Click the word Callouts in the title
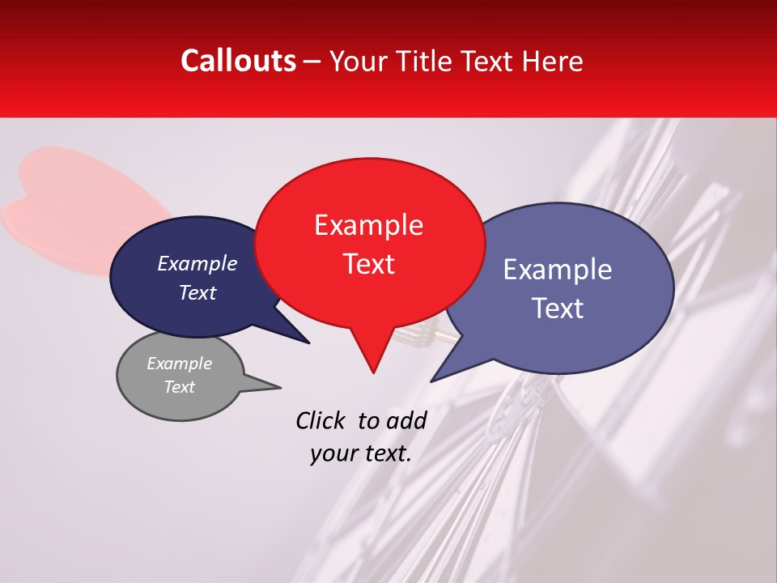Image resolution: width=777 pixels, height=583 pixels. click(x=238, y=61)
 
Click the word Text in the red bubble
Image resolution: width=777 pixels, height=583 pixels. click(x=368, y=264)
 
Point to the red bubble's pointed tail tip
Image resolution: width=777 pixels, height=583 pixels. click(x=373, y=372)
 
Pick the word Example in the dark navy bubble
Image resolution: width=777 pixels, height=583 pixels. click(x=197, y=263)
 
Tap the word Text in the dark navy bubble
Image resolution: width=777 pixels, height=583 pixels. click(x=197, y=292)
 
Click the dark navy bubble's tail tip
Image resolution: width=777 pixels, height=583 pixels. click(x=309, y=343)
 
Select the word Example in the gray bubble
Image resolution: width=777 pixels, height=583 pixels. click(x=179, y=364)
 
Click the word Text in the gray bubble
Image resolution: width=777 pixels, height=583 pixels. click(x=179, y=387)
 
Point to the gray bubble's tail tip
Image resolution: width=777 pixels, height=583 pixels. click(x=280, y=387)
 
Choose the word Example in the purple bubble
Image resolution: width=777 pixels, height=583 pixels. click(x=557, y=269)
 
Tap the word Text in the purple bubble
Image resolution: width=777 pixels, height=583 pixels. click(x=558, y=308)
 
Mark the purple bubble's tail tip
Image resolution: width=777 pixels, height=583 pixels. click(x=431, y=381)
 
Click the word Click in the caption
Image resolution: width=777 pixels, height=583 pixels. click(x=320, y=420)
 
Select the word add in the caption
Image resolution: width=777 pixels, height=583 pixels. click(x=406, y=420)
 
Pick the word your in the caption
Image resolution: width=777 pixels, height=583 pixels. click(x=332, y=453)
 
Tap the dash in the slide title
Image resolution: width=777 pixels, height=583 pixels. click(x=313, y=62)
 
